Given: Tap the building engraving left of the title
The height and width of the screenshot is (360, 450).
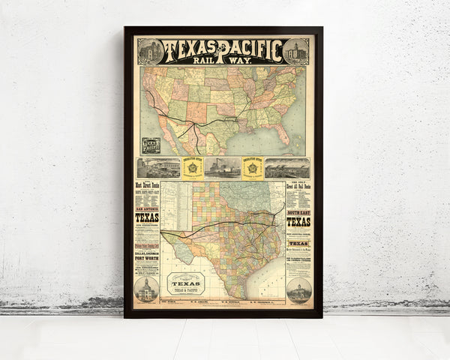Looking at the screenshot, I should click(x=150, y=51).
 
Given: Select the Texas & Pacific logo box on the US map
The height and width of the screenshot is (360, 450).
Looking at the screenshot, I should click(x=151, y=145).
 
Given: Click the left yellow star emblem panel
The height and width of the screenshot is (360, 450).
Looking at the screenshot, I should click(x=193, y=168).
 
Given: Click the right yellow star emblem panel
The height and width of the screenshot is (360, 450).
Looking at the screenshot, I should click(x=253, y=168).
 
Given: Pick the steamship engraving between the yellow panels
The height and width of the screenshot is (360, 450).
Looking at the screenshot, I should click(x=223, y=168).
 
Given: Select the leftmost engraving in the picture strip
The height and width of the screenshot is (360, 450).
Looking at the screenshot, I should click(x=159, y=168).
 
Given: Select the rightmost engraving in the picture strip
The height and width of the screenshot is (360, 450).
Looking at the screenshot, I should click(x=287, y=168).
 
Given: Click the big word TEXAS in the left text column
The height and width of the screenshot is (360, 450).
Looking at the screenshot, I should click(x=147, y=218).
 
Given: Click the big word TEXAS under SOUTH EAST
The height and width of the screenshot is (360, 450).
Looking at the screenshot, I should click(x=298, y=222).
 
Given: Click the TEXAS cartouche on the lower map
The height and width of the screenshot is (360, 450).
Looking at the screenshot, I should click(x=185, y=283).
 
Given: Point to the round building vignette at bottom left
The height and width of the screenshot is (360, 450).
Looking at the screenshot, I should click(x=146, y=289).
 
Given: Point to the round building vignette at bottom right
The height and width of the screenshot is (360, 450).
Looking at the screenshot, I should click(x=298, y=290).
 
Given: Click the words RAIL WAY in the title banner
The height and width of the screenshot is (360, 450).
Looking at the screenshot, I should click(x=223, y=61).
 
